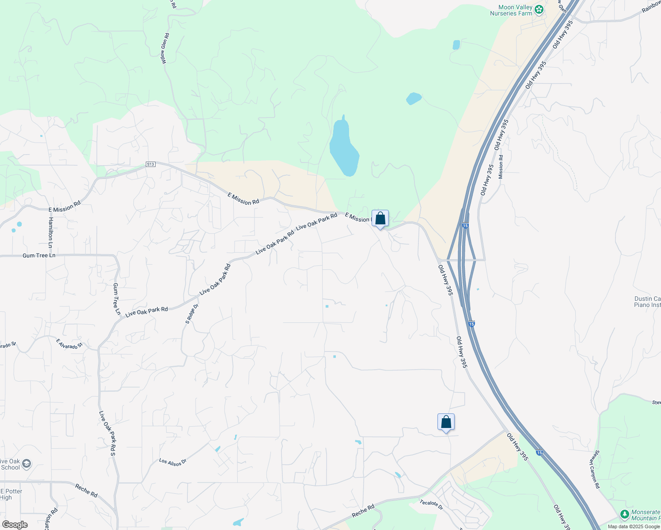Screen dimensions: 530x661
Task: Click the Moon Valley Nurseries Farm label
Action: coord(511,11)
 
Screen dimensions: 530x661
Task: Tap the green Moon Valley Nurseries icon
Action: coord(539,9)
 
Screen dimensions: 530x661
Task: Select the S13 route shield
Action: coord(151,165)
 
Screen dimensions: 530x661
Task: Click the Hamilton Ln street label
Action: coord(51,232)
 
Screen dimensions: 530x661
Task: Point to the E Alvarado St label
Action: coord(69,344)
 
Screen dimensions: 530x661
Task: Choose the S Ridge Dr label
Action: coord(190,314)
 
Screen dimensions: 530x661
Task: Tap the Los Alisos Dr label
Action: coord(173,462)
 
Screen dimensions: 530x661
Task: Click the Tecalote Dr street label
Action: coord(431,505)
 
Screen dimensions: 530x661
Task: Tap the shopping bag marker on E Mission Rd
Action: coord(380,219)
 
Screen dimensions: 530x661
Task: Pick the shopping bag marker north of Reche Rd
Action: coord(446,422)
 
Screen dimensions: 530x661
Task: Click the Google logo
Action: coord(15,525)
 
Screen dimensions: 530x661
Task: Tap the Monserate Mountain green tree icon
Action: coord(624,515)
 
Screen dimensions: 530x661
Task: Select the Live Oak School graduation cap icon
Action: coord(27,464)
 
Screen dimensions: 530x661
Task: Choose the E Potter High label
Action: coord(11,494)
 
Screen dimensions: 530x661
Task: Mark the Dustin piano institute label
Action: coord(647,302)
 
